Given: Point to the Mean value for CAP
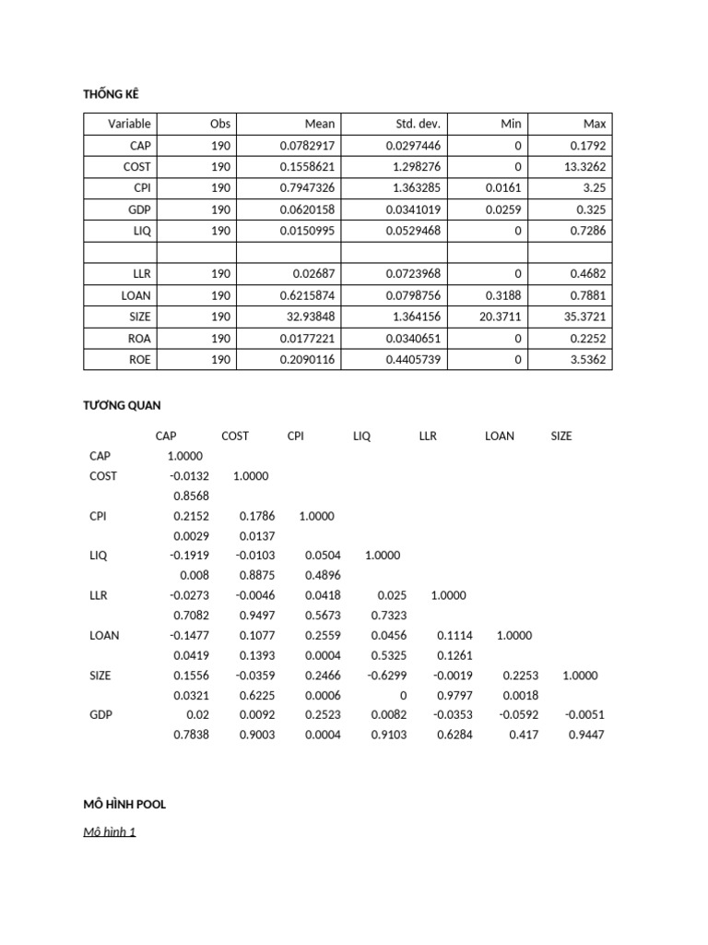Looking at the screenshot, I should click(x=307, y=146).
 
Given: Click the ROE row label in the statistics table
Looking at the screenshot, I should click(x=139, y=359).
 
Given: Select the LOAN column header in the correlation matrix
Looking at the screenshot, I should click(x=500, y=436).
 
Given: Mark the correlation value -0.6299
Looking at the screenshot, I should click(x=387, y=675).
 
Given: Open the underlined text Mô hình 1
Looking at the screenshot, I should click(x=110, y=831).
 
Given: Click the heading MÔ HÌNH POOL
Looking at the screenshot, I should click(x=124, y=804).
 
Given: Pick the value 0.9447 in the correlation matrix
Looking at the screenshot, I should click(x=579, y=735).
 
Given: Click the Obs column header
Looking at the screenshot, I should click(x=220, y=124).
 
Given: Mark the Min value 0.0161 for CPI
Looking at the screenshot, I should click(x=503, y=188).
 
